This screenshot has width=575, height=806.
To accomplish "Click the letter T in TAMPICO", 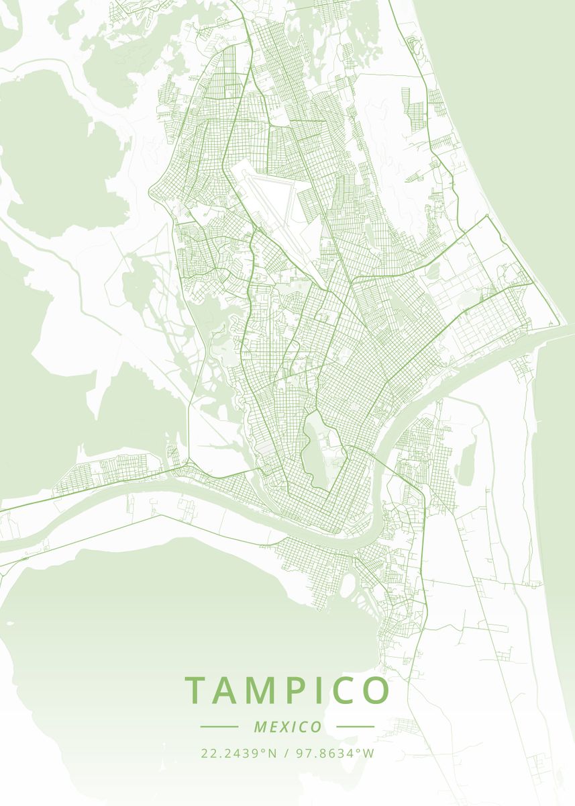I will point(198,690).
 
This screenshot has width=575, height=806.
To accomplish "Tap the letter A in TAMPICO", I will point(231,690).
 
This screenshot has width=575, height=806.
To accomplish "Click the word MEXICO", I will point(288,727).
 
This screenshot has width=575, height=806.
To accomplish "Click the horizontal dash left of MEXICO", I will point(219,727).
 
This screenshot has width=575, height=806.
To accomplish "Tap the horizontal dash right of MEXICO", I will point(355,727).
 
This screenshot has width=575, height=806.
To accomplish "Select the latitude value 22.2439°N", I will point(238,753).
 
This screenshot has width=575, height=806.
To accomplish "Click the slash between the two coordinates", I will point(286,753).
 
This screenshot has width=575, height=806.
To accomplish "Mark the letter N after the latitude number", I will point(272,753).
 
